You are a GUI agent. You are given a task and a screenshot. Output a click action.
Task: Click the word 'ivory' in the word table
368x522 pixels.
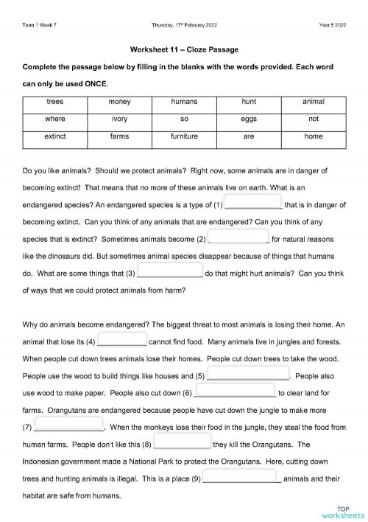click(119, 119)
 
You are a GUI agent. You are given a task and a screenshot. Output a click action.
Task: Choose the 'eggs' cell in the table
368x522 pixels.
click(249, 119)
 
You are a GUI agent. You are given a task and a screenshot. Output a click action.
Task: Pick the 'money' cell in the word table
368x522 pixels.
click(119, 101)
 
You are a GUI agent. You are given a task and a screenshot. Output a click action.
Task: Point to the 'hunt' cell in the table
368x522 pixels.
click(249, 101)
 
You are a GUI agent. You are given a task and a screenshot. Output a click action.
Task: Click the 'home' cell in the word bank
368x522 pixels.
click(314, 136)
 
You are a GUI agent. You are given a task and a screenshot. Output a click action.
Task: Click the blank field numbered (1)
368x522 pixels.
click(252, 203)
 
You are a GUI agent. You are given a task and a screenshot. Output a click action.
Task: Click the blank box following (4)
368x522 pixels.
click(121, 341)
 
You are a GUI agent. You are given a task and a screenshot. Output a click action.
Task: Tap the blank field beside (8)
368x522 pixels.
click(182, 444)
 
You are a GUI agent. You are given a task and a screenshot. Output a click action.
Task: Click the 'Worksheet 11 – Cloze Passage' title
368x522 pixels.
click(183, 49)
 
